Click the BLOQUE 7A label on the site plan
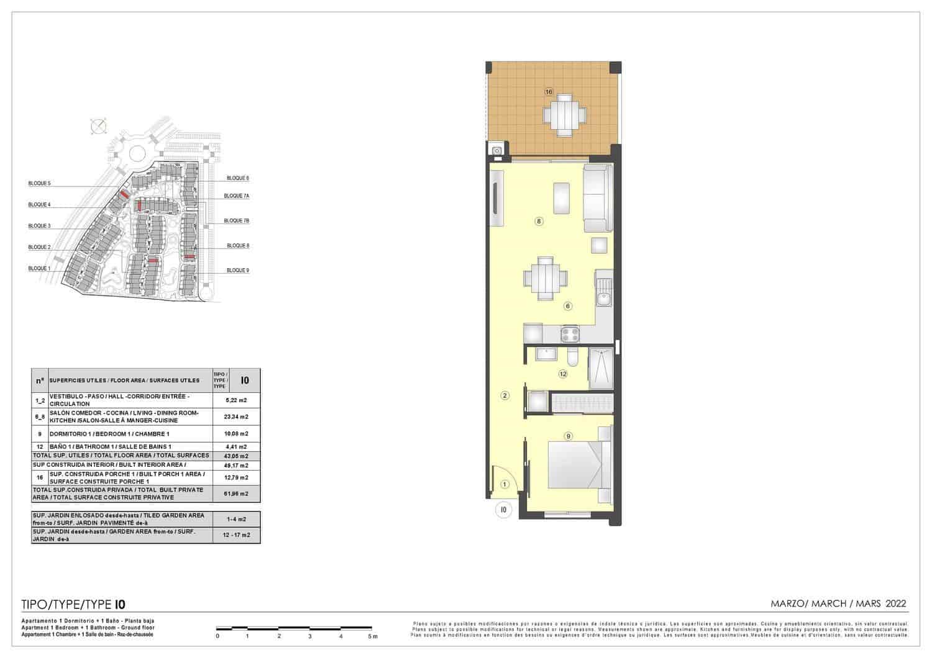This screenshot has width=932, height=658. [x=237, y=196]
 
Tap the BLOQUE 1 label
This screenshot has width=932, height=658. [x=39, y=269]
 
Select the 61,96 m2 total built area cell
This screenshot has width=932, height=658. [x=236, y=494]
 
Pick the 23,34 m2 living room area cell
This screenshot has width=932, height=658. [x=236, y=417]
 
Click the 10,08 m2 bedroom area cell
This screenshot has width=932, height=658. [x=236, y=434]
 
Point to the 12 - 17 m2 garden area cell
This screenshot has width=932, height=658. [x=236, y=535]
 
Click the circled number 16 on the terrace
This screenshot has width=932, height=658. [x=549, y=92]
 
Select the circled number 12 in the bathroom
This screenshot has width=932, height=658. [x=563, y=374]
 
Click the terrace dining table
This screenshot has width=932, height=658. [x=564, y=115]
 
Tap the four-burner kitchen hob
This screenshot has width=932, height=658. [x=570, y=335]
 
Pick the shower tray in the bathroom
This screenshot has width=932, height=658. [x=600, y=369]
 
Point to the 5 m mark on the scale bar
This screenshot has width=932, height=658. [x=372, y=636]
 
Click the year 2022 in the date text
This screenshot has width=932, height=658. [x=895, y=603]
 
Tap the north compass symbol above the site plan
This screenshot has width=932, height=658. [x=98, y=127]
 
